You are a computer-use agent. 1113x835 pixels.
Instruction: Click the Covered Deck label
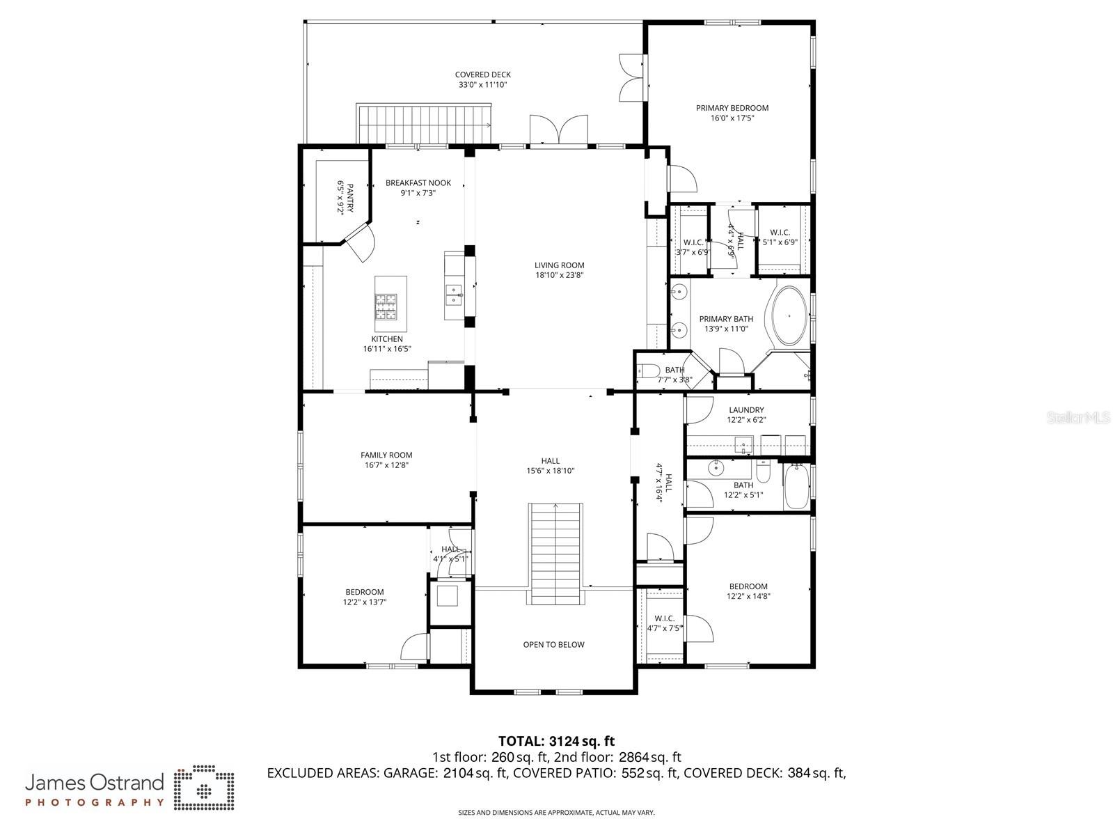pyautogui.click(x=482, y=75)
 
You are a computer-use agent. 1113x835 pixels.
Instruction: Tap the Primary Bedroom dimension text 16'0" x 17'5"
pyautogui.click(x=732, y=118)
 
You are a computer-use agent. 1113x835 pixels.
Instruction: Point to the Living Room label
pyautogui.click(x=559, y=265)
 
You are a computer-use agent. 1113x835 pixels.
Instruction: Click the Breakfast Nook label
pyautogui.click(x=418, y=183)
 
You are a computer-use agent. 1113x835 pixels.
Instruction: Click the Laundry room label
pyautogui.click(x=746, y=410)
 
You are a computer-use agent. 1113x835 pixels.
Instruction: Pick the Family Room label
pyautogui.click(x=386, y=455)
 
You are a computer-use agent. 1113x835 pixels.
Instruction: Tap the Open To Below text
pyautogui.click(x=553, y=645)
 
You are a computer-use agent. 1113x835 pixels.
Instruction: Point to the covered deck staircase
pyautogui.click(x=424, y=123)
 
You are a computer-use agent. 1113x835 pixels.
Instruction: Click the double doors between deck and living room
pyautogui.click(x=558, y=131)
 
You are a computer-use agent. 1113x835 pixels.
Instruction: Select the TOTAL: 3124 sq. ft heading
pyautogui.click(x=556, y=741)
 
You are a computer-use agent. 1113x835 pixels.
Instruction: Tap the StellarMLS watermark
pyautogui.click(x=1078, y=418)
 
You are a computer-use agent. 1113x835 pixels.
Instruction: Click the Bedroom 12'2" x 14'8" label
pyautogui.click(x=748, y=586)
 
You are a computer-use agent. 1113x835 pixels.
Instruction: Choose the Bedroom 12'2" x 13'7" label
pyautogui.click(x=364, y=593)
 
